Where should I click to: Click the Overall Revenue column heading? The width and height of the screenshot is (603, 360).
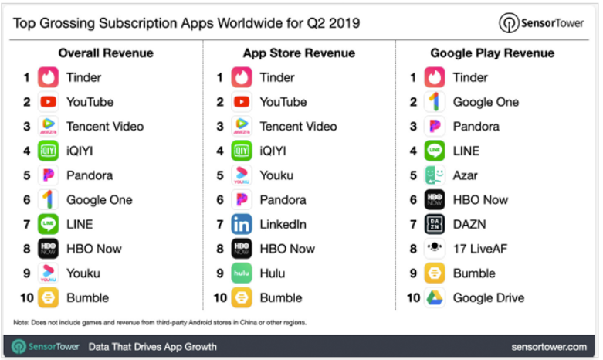coord(106,53)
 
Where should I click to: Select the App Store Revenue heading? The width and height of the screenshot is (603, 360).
coord(298,53)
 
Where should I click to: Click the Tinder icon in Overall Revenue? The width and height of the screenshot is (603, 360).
coord(49,78)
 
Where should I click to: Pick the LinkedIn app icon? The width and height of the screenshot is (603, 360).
coord(242,225)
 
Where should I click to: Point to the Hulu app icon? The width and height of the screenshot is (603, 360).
coord(242,273)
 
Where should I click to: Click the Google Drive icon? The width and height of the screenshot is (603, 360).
coord(435,298)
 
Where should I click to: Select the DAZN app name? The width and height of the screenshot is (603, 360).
coord(470,225)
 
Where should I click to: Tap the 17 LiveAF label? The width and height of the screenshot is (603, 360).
coord(479,249)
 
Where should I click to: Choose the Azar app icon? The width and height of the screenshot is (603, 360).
coord(435,175)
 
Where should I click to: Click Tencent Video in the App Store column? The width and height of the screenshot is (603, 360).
coord(298,127)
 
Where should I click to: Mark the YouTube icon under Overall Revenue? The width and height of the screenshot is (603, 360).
coord(49,102)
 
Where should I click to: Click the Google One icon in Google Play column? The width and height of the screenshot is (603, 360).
coord(435,102)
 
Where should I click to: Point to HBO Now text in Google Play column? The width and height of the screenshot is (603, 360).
coord(480,200)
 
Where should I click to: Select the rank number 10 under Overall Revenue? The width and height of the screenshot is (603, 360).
coord(26,298)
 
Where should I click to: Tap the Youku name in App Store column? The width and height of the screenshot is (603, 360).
coord(276,175)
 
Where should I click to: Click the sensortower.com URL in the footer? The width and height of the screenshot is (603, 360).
coord(548,347)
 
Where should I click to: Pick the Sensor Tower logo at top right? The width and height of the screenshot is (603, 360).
coord(541,22)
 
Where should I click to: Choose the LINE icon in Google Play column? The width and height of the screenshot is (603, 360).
coord(435,151)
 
